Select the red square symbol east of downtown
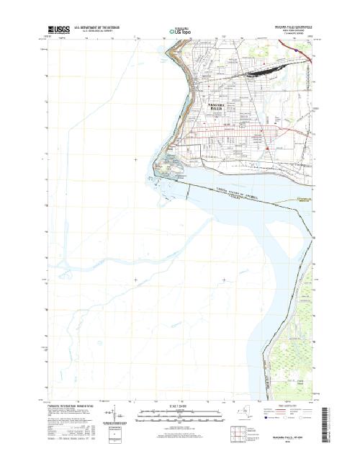coord(267,148)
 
